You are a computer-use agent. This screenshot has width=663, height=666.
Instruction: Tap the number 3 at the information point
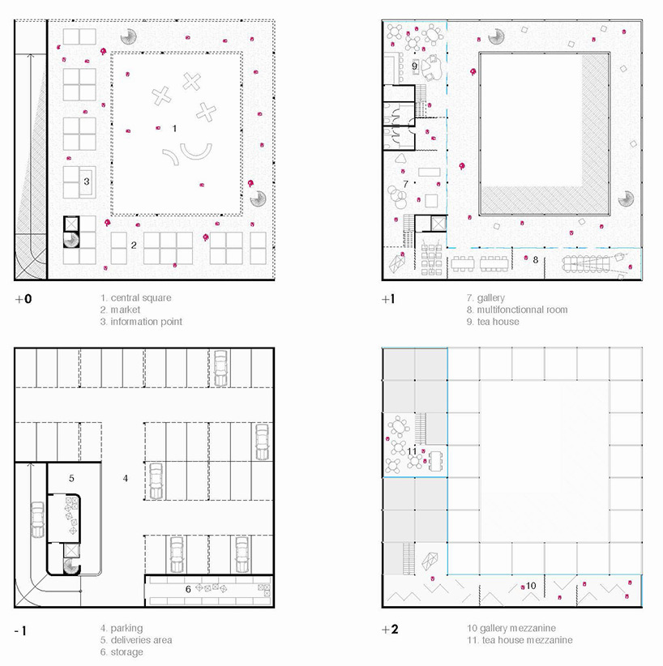coord(86,181)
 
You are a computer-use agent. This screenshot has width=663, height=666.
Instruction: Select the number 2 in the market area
coord(134,245)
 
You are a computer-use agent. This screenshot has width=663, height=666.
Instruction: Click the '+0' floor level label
coord(24,299)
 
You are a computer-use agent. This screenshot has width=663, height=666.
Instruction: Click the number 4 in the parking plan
coord(126,478)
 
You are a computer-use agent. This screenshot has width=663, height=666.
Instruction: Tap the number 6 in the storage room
coord(188,589)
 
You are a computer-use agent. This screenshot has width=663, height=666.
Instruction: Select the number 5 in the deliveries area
coord(71,478)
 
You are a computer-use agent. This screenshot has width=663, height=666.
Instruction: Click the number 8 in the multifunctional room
coord(535,259)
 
